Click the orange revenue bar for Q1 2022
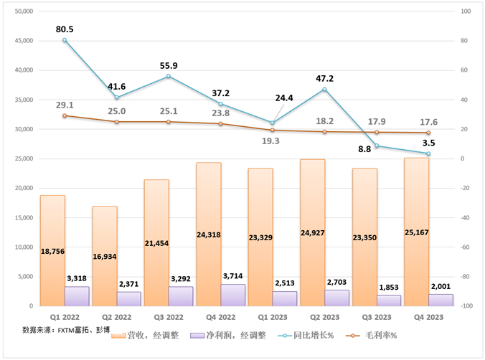tap(52, 250)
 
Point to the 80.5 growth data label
tap(65, 29)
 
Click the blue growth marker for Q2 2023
tap(325, 89)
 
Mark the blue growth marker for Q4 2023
tap(429, 153)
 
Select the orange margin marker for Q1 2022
tap(65, 115)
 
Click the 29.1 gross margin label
tap(65, 105)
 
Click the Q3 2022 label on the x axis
tap(169, 316)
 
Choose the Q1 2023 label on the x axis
tap(273, 316)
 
